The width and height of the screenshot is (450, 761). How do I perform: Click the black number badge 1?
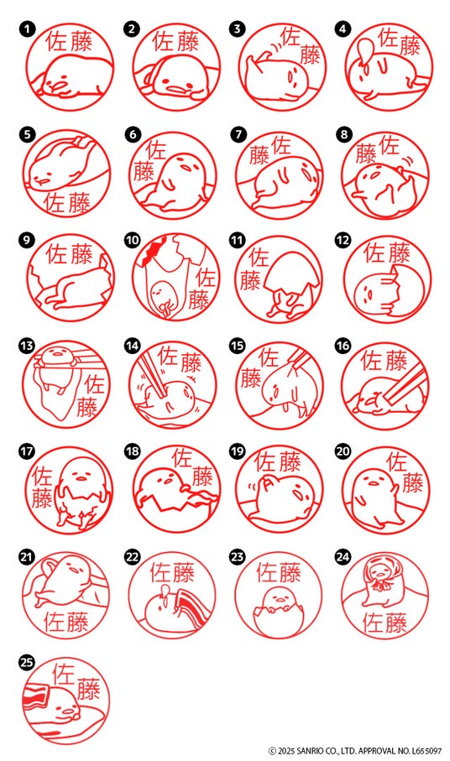(x=27, y=29)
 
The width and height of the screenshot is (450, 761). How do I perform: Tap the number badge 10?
(x=133, y=240)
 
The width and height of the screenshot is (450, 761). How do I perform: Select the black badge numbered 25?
(x=27, y=662)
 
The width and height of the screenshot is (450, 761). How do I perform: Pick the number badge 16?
(x=343, y=346)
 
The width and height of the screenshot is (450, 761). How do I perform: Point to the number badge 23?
(x=238, y=556)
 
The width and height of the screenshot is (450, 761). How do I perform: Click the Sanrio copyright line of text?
(x=355, y=751)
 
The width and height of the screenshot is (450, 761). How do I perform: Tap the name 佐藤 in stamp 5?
(x=67, y=202)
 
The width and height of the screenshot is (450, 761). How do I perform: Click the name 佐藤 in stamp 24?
(x=385, y=623)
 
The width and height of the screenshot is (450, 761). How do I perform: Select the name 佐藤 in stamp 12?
(x=387, y=253)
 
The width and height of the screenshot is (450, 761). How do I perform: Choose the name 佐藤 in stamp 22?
(x=172, y=573)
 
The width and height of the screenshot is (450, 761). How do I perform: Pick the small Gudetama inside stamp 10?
(x=158, y=294)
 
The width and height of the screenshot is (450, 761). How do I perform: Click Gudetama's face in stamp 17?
(x=81, y=475)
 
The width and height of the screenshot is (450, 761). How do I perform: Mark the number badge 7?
(x=238, y=134)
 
